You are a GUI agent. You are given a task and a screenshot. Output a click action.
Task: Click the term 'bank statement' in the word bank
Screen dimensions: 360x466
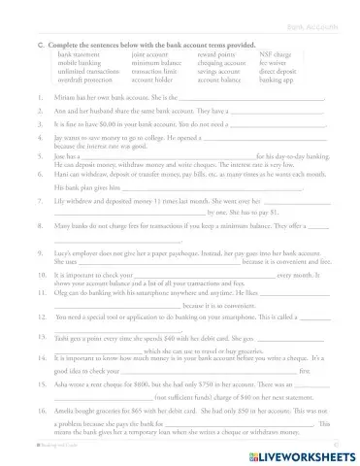pos(77,55)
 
